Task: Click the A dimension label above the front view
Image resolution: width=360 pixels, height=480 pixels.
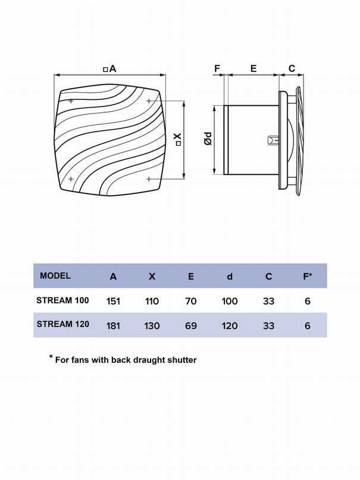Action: (x=110, y=68)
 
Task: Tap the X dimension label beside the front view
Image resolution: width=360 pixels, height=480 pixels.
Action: (x=178, y=139)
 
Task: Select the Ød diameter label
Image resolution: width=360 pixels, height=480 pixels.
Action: (x=208, y=139)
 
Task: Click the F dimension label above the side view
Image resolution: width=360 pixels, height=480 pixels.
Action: (x=217, y=68)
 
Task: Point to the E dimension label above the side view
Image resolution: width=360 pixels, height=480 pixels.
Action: (x=253, y=68)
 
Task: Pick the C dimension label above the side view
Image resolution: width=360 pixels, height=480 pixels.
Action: (x=292, y=68)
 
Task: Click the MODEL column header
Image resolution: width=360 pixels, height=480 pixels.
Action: (x=55, y=275)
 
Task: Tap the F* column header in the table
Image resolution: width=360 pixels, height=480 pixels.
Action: (x=308, y=276)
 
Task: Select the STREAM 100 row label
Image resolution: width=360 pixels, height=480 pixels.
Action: (x=62, y=300)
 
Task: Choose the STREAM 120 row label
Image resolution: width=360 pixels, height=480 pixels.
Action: (x=63, y=324)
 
